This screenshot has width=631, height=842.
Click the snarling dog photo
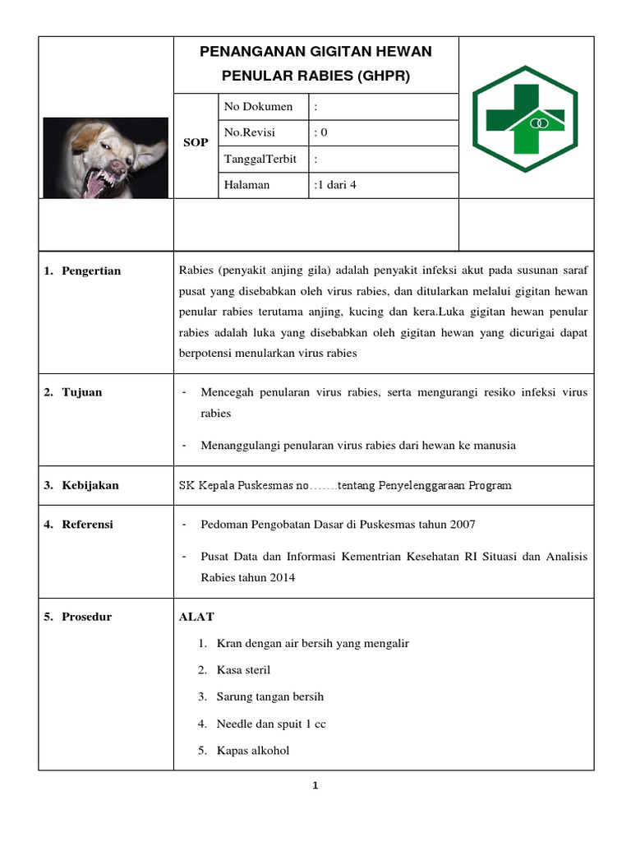pyautogui.click(x=105, y=158)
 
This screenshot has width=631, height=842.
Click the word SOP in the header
pyautogui.click(x=196, y=143)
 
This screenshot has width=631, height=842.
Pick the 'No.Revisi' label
pyautogui.click(x=250, y=132)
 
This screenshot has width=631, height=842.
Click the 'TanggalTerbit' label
pyautogui.click(x=260, y=159)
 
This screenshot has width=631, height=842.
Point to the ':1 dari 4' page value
pyautogui.click(x=335, y=185)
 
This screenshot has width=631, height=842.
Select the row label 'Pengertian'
pyautogui.click(x=90, y=271)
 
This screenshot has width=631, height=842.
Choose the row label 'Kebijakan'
pyautogui.click(x=90, y=485)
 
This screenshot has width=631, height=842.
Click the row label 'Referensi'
pyautogui.click(x=87, y=524)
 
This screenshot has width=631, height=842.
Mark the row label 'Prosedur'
pyautogui.click(x=86, y=617)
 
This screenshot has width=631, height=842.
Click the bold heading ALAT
pyautogui.click(x=196, y=617)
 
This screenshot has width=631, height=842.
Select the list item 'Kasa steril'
pyautogui.click(x=243, y=670)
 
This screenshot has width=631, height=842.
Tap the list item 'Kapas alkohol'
pyautogui.click(x=253, y=750)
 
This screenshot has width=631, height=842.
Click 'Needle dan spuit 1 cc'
pyautogui.click(x=271, y=724)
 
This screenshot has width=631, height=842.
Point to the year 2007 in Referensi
pyautogui.click(x=461, y=524)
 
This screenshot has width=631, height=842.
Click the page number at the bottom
pyautogui.click(x=316, y=786)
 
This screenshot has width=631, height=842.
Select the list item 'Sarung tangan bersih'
pyautogui.click(x=270, y=696)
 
